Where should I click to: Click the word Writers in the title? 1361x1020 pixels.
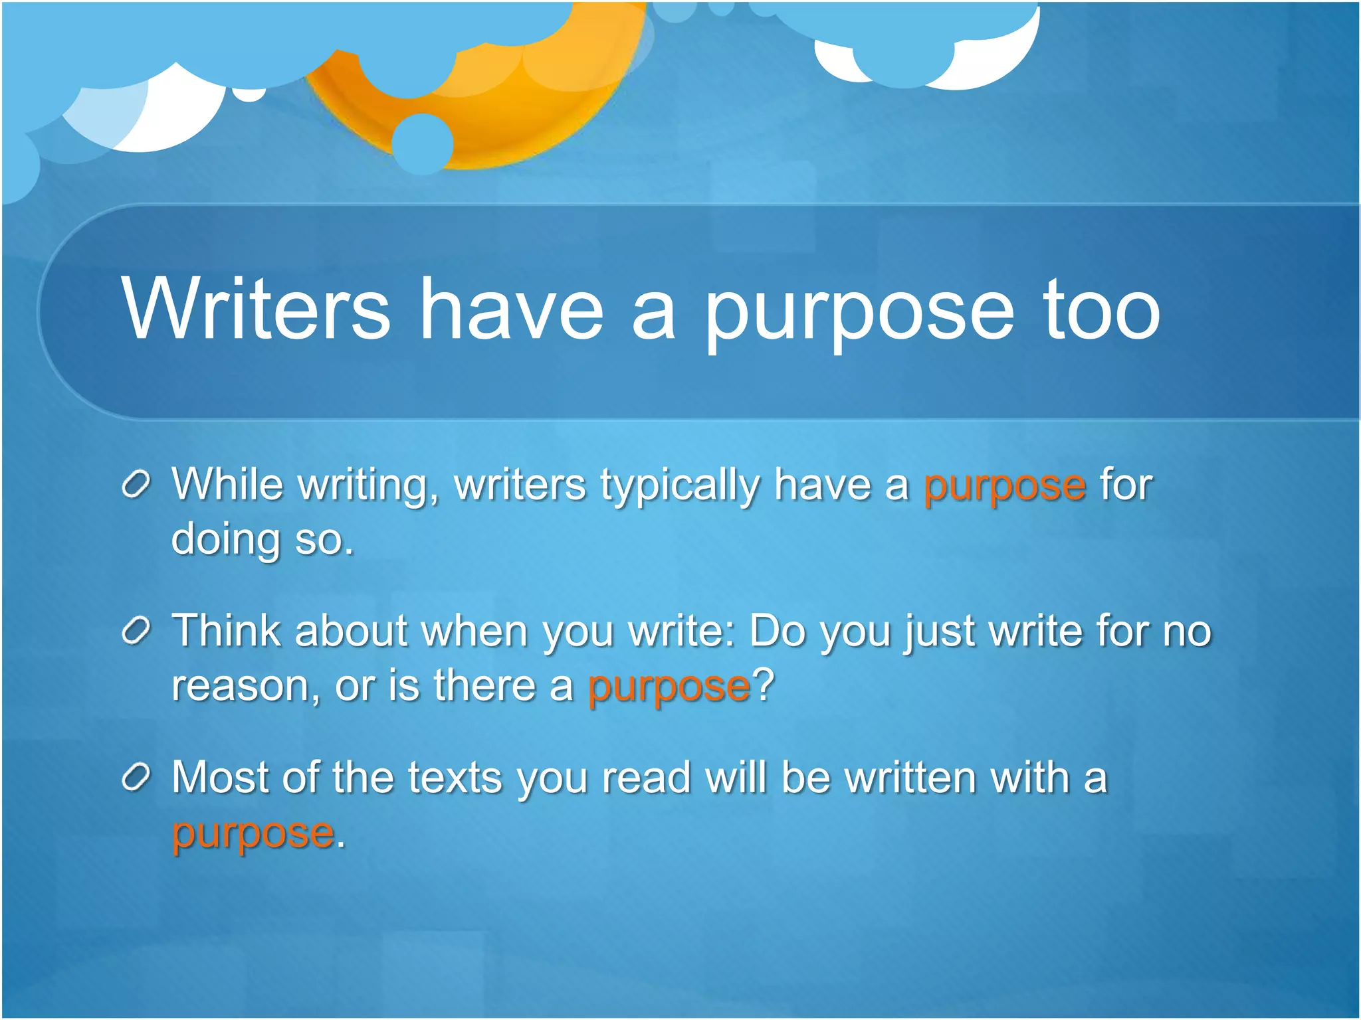pos(256,309)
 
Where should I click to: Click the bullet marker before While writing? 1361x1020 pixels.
pos(138,485)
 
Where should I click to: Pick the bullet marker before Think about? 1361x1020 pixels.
pos(138,632)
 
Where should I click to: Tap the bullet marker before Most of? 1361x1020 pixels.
pos(138,778)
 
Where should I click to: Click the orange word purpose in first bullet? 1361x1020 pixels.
pos(1005,487)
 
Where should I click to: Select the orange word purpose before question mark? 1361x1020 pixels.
pos(669,687)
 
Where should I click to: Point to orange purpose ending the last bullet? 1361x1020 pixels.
pos(253,834)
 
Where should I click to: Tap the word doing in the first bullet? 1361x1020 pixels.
pos(225,539)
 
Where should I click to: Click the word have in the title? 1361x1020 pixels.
pos(512,309)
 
